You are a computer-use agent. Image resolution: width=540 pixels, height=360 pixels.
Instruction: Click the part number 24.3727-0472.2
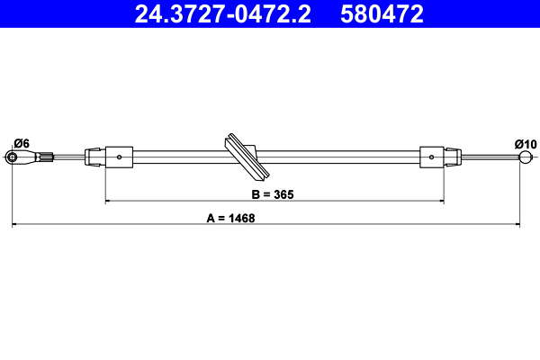pos(223,14)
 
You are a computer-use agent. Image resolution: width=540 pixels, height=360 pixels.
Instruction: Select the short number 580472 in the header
pos(382,14)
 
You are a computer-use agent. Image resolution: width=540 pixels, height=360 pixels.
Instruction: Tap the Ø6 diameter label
pos(22,143)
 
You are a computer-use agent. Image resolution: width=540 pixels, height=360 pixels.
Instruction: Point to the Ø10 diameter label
pos(526,144)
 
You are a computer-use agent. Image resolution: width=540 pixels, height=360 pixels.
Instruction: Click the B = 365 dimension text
pos(273,194)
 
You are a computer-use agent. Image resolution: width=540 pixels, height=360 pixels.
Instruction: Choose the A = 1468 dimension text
pos(230,218)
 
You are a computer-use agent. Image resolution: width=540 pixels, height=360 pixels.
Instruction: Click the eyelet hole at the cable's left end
pos(13,157)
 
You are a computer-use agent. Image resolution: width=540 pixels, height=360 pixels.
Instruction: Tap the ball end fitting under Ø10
pos(526,157)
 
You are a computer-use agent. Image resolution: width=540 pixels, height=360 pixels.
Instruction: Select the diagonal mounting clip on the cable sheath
pos(247,157)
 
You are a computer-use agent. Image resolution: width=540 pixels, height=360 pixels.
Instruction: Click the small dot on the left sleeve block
pos(119,157)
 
